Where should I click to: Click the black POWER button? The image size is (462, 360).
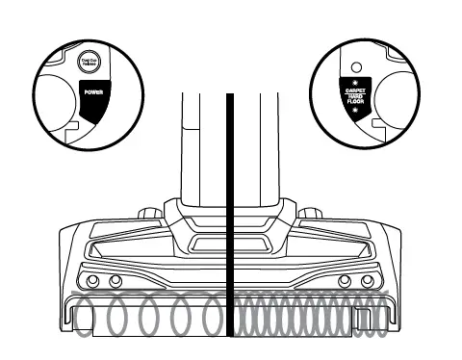point(92,95)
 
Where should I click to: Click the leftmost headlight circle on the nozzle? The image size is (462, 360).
point(93,280)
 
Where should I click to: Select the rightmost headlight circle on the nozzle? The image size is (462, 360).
point(367,280)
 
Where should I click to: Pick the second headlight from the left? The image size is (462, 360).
point(115,280)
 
